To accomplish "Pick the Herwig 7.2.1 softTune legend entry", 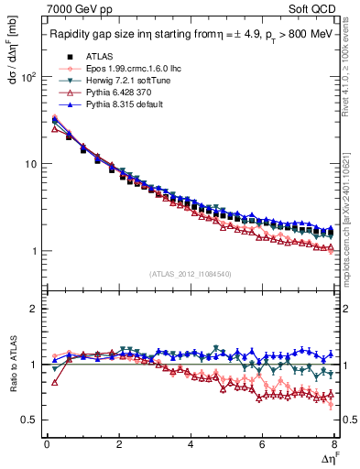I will (x=121, y=81).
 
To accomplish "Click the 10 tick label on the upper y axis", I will (x=27, y=165).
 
